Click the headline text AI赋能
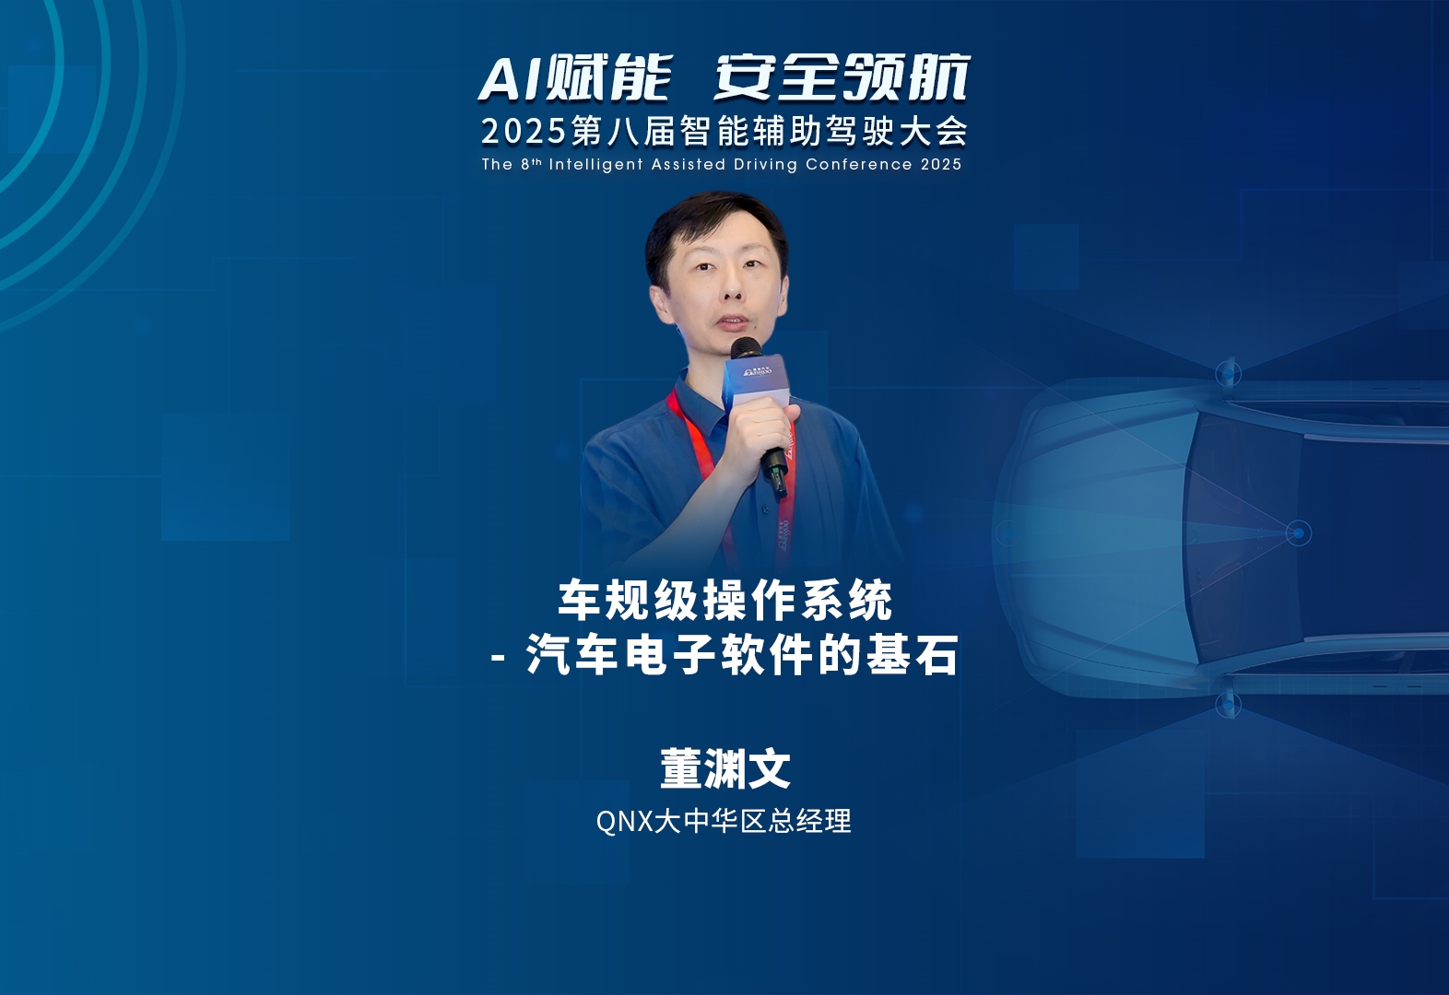click(x=574, y=78)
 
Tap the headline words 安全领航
click(x=842, y=78)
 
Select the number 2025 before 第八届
click(x=524, y=132)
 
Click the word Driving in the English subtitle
click(x=765, y=164)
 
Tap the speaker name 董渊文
click(x=725, y=768)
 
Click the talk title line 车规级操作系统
click(x=725, y=601)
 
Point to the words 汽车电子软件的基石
click(x=741, y=655)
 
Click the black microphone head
click(x=746, y=348)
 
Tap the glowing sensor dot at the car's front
click(x=1298, y=533)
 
